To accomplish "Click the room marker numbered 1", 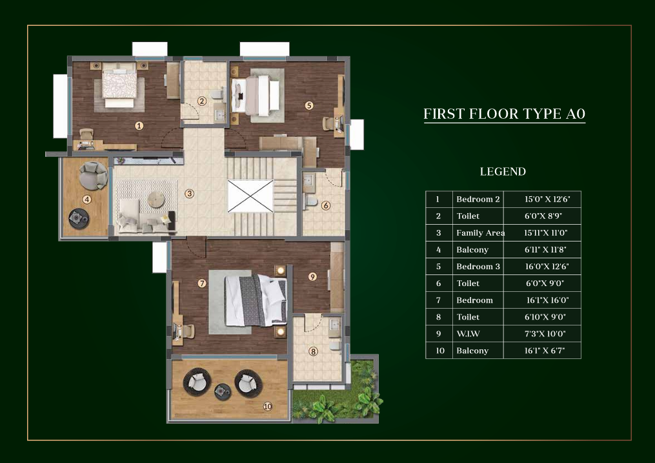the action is click(139, 125).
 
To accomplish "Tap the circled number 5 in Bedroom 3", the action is click(308, 105).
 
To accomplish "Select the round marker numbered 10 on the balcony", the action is click(268, 406).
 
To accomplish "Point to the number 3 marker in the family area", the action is click(190, 194).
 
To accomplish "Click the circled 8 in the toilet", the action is click(313, 351).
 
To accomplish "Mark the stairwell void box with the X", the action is click(250, 196).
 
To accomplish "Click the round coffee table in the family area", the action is click(156, 200).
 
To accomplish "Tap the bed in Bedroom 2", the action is click(119, 85).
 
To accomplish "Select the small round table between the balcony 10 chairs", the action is click(222, 391).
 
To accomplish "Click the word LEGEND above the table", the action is click(503, 172).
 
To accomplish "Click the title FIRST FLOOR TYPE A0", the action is click(504, 114).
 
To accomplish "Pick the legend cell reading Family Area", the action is click(480, 232).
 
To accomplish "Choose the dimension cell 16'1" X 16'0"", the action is click(547, 300).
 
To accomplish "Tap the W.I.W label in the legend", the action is click(468, 334).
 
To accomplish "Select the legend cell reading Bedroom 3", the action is click(478, 267).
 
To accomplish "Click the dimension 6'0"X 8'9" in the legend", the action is click(543, 216).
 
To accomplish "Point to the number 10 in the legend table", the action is click(440, 351).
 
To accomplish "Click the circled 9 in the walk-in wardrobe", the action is click(312, 276).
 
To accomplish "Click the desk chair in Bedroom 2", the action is click(86, 134).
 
